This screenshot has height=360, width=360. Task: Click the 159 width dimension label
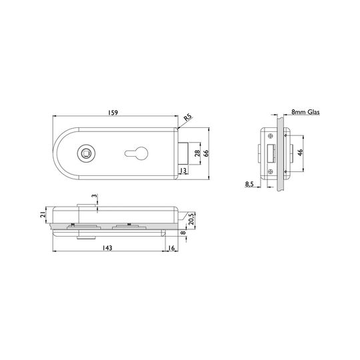point(113,113)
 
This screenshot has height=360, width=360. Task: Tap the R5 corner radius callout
point(187,118)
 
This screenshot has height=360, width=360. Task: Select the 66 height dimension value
point(206,153)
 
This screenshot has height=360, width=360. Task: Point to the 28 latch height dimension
point(197,153)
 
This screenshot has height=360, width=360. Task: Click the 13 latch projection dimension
point(183,171)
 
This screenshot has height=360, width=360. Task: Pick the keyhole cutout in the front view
point(136,153)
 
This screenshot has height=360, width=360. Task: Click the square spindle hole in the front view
point(86,153)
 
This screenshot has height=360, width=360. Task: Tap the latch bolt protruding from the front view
point(184,153)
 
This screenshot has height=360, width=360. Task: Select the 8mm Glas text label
point(305,112)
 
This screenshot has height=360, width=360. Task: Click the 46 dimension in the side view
point(300,153)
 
